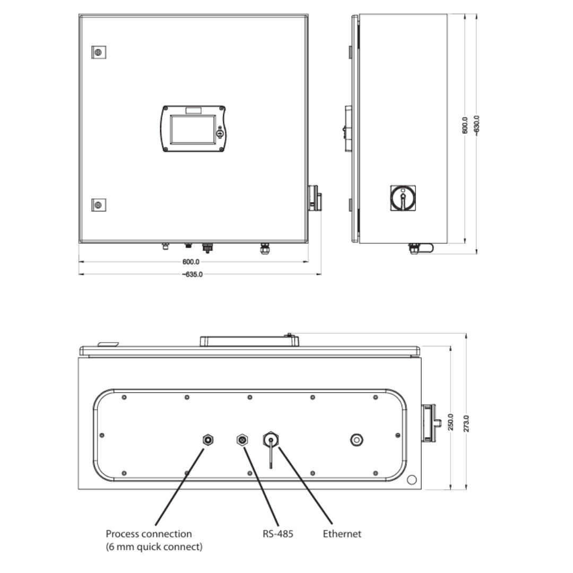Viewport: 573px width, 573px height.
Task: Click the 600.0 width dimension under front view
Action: [x=190, y=262]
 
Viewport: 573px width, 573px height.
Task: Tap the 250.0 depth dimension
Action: [x=450, y=422]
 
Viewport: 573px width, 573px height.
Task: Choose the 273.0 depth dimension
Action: [x=466, y=422]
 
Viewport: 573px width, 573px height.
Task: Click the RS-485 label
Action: [x=278, y=534]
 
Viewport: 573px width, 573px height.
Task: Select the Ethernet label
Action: [x=342, y=534]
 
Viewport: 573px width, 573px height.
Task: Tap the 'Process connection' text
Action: [x=149, y=534]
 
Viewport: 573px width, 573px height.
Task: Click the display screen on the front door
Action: [x=193, y=129]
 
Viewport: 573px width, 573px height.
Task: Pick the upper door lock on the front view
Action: [x=98, y=52]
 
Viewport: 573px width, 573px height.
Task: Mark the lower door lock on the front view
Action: [x=98, y=205]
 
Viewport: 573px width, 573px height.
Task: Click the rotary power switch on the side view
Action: [x=403, y=198]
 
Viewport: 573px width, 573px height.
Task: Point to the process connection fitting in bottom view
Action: [x=208, y=439]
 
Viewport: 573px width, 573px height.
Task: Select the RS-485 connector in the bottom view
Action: [x=242, y=439]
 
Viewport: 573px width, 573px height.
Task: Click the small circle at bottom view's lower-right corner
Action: [x=411, y=480]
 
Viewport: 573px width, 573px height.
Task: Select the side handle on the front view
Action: [x=315, y=197]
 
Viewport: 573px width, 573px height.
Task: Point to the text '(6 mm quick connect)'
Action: [x=154, y=547]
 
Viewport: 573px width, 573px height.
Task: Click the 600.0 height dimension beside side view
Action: [x=465, y=126]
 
